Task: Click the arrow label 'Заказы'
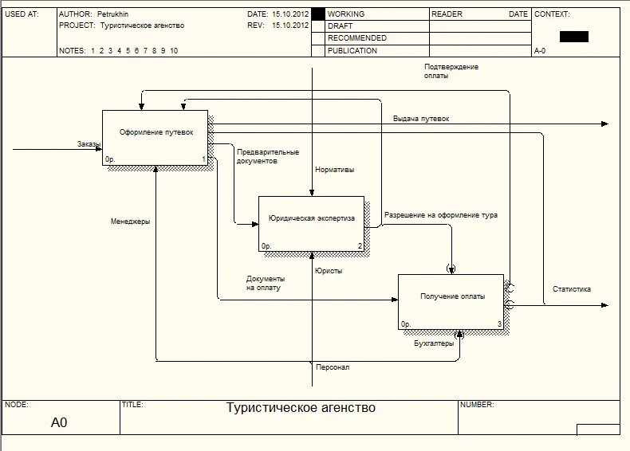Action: point(89,143)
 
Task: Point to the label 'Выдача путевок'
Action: point(421,119)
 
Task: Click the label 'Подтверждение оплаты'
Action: point(451,71)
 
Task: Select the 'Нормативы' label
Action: point(335,170)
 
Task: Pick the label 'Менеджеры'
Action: point(130,222)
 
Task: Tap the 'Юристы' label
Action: point(329,271)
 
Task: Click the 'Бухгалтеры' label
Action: point(434,343)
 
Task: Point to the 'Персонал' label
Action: point(333,367)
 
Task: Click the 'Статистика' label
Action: point(572,289)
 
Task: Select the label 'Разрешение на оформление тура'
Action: point(441,215)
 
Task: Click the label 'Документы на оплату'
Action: point(266,283)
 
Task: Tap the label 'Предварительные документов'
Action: point(268,156)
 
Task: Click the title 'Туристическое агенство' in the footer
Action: point(301,409)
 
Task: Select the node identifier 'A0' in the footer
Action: point(60,423)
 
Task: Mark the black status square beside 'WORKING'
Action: point(318,14)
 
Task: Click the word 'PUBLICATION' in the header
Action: point(352,51)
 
